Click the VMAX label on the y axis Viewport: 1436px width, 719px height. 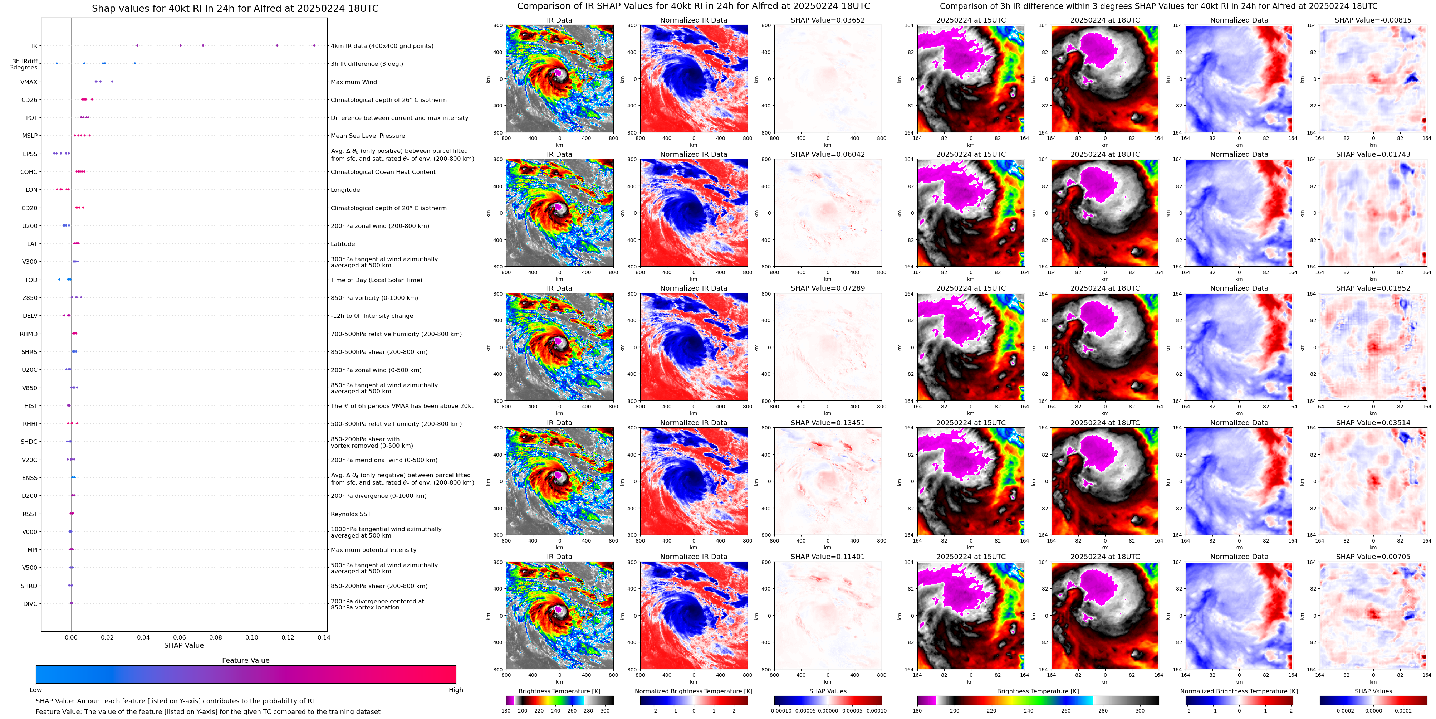pyautogui.click(x=29, y=82)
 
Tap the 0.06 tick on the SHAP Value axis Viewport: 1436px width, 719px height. pyautogui.click(x=180, y=637)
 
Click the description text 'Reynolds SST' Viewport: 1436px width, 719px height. pyautogui.click(x=351, y=514)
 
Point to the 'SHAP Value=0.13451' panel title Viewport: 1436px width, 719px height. pyautogui.click(x=827, y=423)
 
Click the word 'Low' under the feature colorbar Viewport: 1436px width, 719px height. pyautogui.click(x=36, y=690)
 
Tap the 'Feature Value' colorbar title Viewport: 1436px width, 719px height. pyautogui.click(x=245, y=660)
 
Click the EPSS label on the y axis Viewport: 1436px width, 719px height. pyautogui.click(x=30, y=154)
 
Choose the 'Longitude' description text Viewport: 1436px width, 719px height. pyautogui.click(x=345, y=190)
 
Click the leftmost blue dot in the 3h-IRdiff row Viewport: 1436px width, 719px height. pyautogui.click(x=56, y=64)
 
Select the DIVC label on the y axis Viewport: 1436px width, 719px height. pyautogui.click(x=30, y=603)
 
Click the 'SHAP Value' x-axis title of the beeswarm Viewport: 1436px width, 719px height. pyautogui.click(x=184, y=645)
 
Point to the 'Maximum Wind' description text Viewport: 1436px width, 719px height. pyautogui.click(x=353, y=82)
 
